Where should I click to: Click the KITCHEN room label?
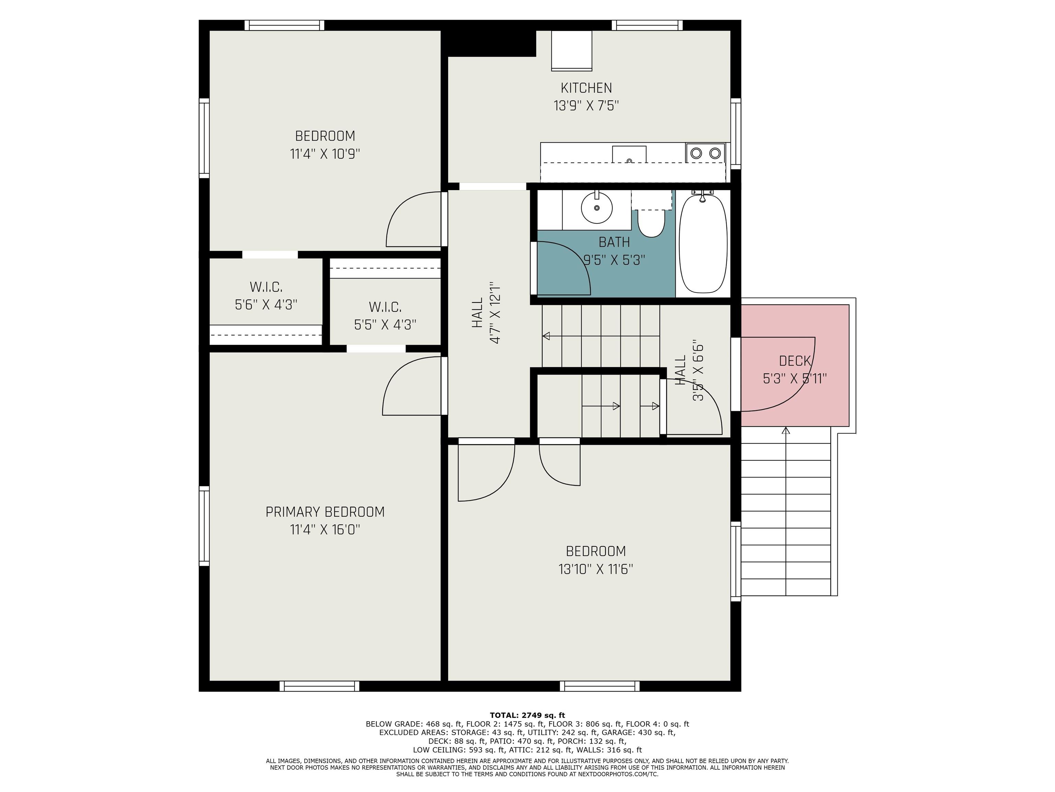tap(586, 88)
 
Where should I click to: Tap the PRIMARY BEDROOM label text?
tap(325, 512)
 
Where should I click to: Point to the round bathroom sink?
tap(597, 207)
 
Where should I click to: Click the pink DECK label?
tap(795, 361)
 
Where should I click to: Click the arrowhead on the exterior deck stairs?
tap(786, 431)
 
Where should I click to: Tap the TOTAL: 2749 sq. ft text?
tap(527, 715)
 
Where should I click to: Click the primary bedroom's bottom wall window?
tap(319, 686)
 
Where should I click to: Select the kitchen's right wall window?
tap(736, 134)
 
